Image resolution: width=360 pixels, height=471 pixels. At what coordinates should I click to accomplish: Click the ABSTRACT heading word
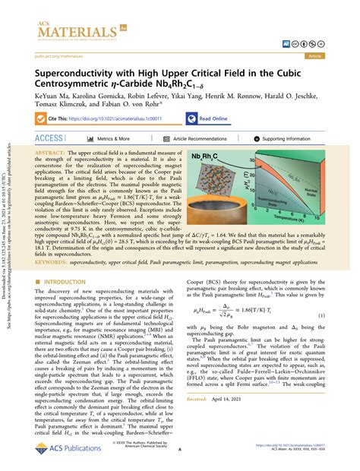pos(50,153)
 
